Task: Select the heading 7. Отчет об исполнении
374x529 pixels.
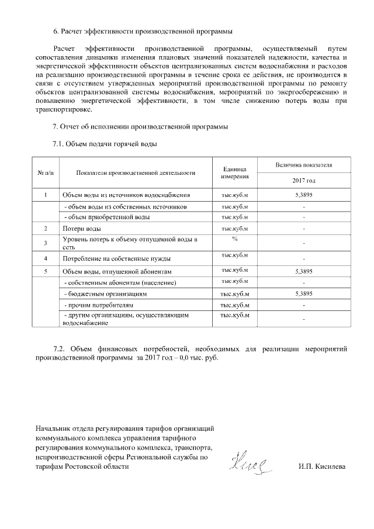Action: [x=140, y=126]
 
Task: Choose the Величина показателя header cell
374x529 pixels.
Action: [x=304, y=165]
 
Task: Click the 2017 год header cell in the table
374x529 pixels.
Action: [x=304, y=181]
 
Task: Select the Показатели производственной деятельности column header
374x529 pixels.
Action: [x=135, y=172]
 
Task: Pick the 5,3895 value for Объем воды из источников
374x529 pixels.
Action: [x=304, y=194]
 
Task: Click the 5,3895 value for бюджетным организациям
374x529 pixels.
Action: [x=304, y=293]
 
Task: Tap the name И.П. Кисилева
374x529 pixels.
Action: [x=321, y=467]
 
